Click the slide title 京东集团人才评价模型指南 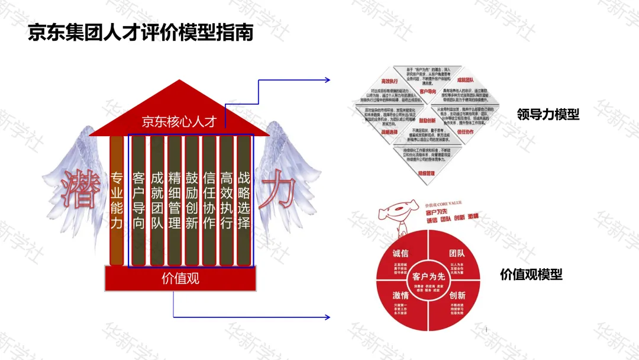pyautogui.click(x=141, y=33)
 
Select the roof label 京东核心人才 pyautogui.click(x=179, y=122)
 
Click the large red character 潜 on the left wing pyautogui.click(x=80, y=189)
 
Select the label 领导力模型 pyautogui.click(x=547, y=115)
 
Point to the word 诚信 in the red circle pyautogui.click(x=401, y=253)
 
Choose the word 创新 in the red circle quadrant pyautogui.click(x=457, y=295)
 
